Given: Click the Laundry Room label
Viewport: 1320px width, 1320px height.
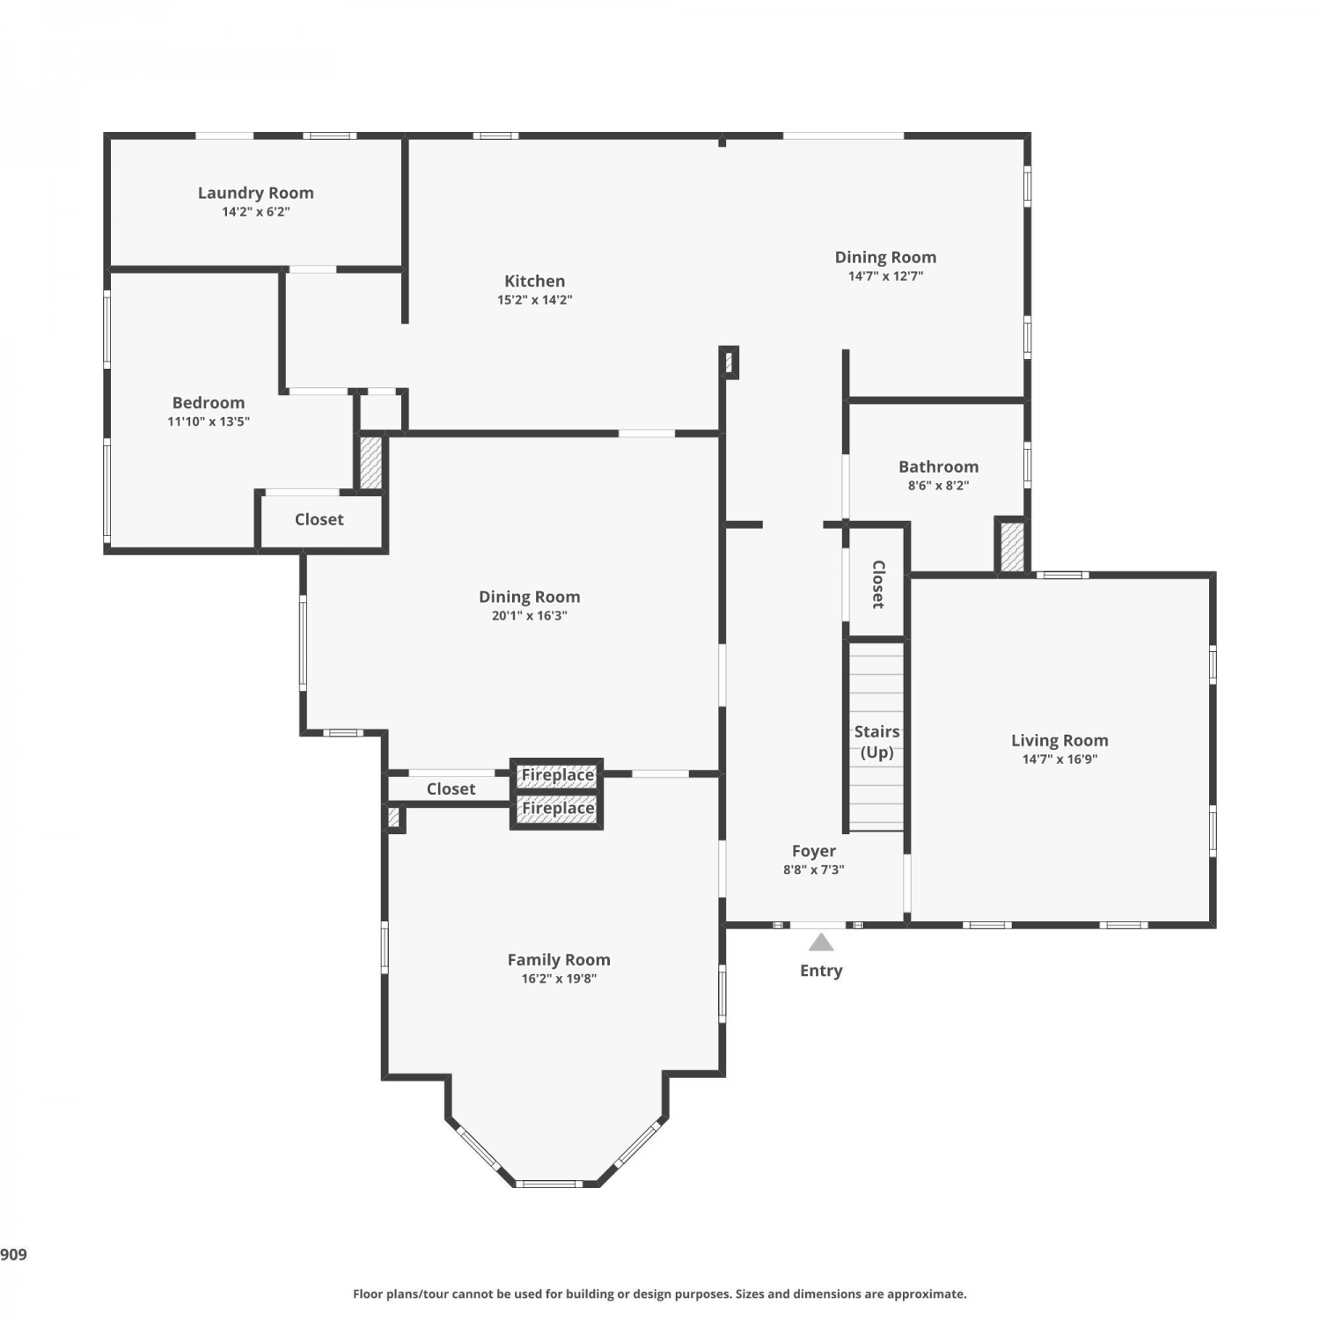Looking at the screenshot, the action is coord(255,193).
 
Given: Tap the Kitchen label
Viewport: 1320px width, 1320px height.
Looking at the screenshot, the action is coord(534,281).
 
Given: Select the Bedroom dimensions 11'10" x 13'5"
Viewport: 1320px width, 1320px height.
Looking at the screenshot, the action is coord(209,422).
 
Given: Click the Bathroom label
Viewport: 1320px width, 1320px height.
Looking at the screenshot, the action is coord(938,466).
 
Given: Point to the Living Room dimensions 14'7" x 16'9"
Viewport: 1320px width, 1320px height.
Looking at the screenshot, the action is coord(1060,759).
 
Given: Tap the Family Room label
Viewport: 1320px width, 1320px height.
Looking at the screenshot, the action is coord(559,960).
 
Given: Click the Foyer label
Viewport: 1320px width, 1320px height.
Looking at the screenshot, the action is coord(814,851).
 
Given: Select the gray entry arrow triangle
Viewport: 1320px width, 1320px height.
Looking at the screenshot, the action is coord(821,942).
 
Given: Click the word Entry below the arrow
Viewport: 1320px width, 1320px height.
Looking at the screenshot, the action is coord(821,971).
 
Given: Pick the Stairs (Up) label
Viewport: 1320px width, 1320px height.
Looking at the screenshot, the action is coord(876,742).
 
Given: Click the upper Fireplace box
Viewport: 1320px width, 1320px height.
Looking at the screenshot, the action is coord(557,775).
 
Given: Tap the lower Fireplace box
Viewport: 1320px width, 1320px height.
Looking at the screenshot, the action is coord(557,809).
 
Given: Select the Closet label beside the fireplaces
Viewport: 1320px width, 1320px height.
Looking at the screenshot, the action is coord(451,789).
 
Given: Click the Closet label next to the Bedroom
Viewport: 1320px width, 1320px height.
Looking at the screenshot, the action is coord(319,519).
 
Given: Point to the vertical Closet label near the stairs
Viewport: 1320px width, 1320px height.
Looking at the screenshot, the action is coord(877,584).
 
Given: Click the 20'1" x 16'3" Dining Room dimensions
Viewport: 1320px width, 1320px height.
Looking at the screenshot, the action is coord(529,616).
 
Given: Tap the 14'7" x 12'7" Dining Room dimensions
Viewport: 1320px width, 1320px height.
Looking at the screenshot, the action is coord(885,276).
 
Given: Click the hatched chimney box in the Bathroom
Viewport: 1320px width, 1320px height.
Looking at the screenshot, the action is coord(1012,546).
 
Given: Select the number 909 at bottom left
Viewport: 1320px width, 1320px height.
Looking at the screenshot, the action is coord(13,1255).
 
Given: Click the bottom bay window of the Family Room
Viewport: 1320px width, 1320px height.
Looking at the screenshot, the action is coord(548,1184).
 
